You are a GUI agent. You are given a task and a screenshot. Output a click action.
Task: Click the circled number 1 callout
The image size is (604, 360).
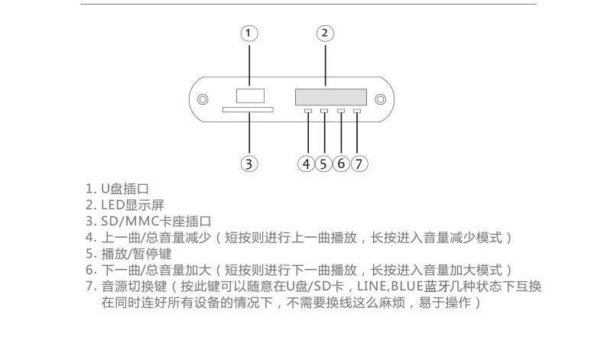[x=249, y=33]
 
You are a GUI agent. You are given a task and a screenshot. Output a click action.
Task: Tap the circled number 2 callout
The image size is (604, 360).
[x=324, y=33]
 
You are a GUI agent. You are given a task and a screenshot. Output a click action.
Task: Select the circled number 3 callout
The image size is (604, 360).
[x=249, y=163]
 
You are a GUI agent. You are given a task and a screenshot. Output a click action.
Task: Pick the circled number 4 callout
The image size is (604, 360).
[x=307, y=163]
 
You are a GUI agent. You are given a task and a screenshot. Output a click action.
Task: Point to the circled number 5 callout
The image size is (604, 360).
[x=323, y=163]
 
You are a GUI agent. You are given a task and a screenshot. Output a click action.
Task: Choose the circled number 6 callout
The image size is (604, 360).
[x=341, y=163]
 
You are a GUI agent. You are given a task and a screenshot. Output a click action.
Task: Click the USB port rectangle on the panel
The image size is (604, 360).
[x=249, y=96]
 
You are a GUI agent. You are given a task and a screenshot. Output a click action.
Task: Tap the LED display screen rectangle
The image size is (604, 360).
[x=325, y=97]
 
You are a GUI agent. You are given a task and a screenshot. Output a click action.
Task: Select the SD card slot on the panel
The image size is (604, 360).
[x=248, y=111]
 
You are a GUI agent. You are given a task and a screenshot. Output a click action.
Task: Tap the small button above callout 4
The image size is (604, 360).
[x=307, y=112]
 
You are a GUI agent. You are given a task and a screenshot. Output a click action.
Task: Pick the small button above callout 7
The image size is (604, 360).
[x=357, y=112]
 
